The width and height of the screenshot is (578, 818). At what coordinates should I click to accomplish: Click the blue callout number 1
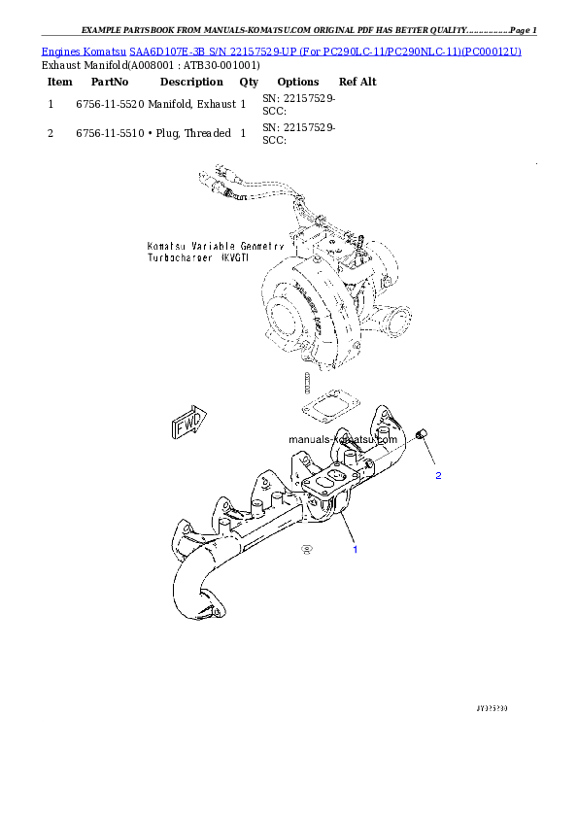tap(355, 550)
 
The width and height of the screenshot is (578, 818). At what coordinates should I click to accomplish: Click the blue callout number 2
tap(438, 476)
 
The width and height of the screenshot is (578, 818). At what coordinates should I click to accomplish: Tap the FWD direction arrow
tap(187, 426)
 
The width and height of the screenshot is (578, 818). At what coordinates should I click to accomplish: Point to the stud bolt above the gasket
tap(306, 380)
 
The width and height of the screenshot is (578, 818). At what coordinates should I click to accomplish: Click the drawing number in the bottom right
tap(492, 708)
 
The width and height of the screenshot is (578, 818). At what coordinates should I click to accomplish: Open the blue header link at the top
tap(282, 50)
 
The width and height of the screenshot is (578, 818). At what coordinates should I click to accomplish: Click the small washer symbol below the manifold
tap(307, 550)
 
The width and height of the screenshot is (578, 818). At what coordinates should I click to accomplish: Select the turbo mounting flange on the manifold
tap(323, 486)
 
